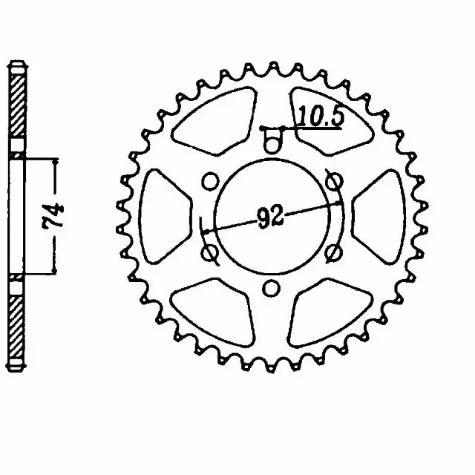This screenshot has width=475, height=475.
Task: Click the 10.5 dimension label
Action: (x=321, y=116)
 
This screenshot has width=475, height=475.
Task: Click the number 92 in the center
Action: (x=270, y=216)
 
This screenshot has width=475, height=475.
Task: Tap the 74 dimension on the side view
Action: (x=54, y=215)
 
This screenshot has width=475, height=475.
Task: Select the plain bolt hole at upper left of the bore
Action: (x=210, y=181)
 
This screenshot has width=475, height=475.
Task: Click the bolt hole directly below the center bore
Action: (x=271, y=288)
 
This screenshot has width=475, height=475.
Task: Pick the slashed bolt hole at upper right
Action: (x=333, y=182)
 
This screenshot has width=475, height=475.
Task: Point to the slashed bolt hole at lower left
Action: (x=209, y=252)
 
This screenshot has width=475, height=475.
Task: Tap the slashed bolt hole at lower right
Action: (x=333, y=252)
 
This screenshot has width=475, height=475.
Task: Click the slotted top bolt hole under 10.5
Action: (x=272, y=140)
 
